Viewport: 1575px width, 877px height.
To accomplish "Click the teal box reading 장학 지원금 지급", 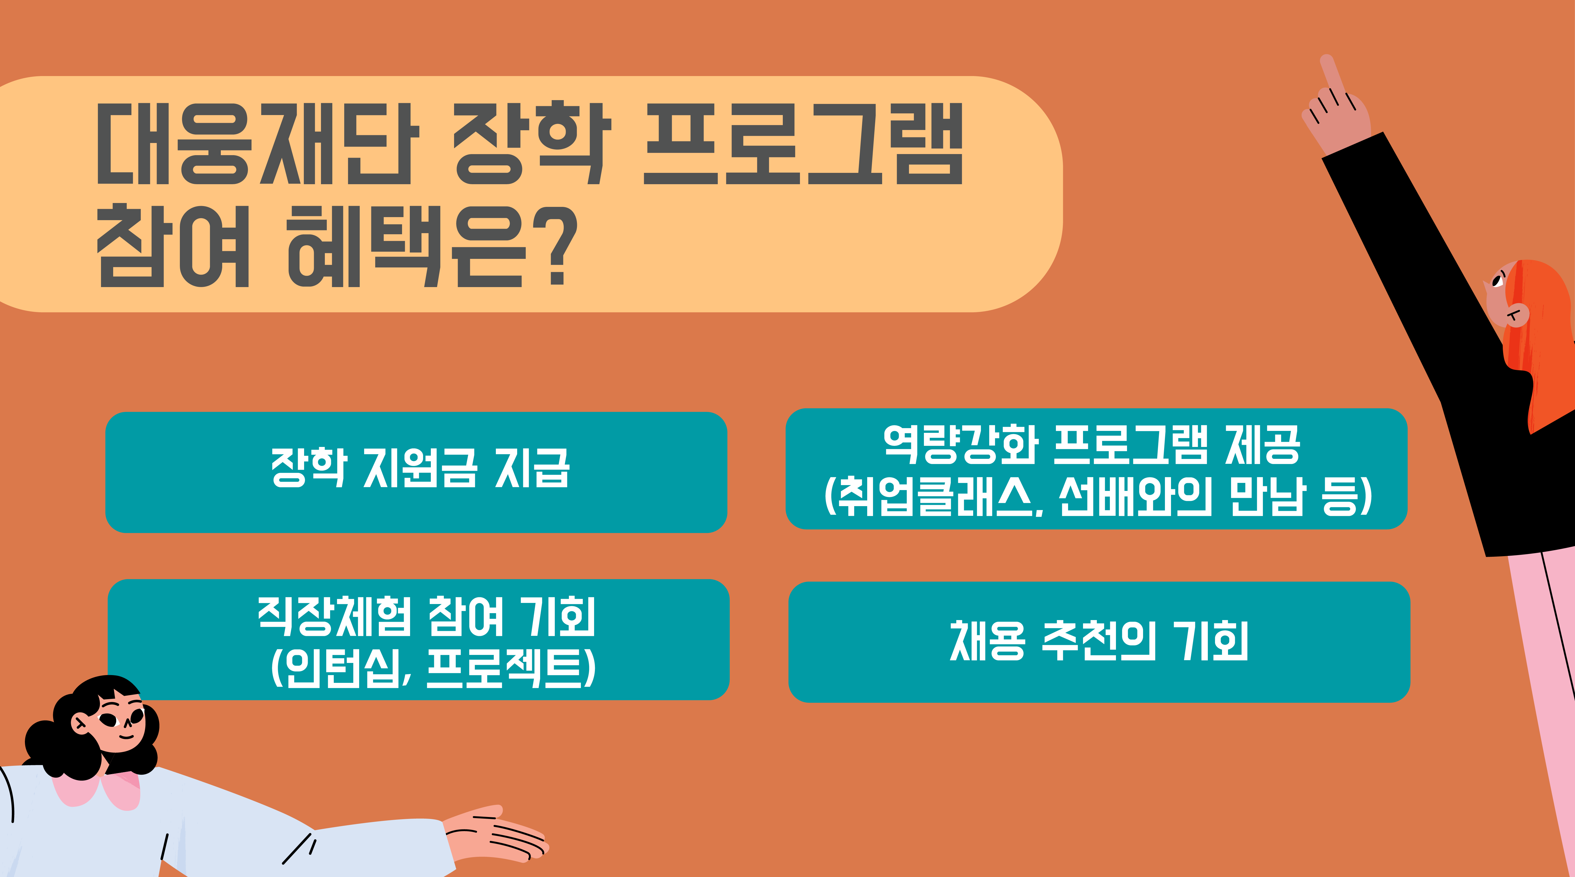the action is click(x=416, y=472).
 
